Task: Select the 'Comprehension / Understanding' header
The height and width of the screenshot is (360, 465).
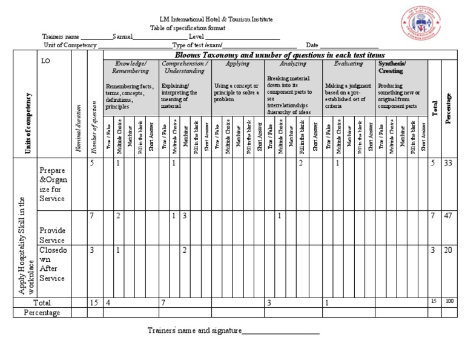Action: (185, 67)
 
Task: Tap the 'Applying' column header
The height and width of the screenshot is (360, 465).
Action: (237, 63)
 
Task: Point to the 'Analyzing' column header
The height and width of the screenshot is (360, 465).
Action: (292, 63)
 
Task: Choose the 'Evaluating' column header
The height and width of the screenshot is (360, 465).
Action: (348, 63)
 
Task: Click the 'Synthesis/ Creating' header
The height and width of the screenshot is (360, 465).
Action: (392, 67)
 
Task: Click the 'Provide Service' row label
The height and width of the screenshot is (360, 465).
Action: (52, 235)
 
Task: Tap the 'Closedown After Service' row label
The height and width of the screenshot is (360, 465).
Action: (51, 264)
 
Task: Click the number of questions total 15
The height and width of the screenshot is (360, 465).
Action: (94, 302)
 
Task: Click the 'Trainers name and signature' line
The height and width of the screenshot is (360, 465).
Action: (233, 331)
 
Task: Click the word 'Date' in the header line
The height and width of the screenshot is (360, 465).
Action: (312, 45)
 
